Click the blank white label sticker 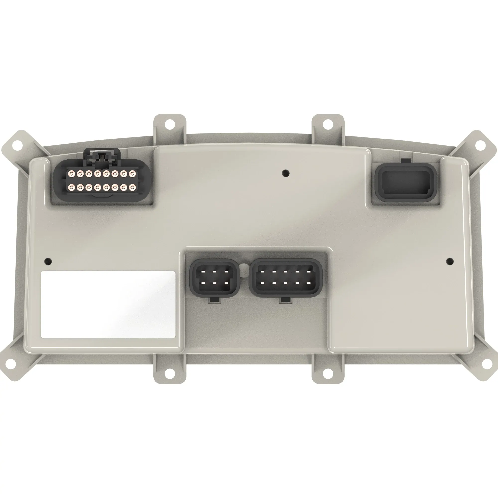point(108,305)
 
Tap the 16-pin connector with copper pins point(101,181)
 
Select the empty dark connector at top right point(405,182)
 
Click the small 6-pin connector point(214,278)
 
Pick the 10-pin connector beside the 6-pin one point(286,278)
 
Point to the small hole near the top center point(286,173)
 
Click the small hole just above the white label point(48,262)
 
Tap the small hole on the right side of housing point(450,261)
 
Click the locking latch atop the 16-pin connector point(101,156)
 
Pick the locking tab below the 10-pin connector point(286,300)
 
